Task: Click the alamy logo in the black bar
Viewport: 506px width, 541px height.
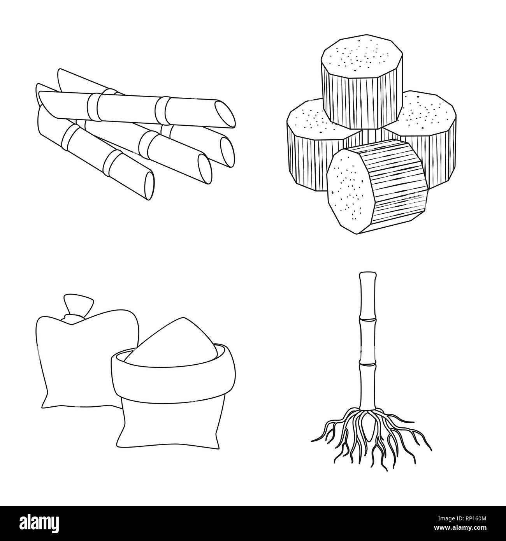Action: tap(40, 523)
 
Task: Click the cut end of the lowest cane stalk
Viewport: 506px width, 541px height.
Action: tap(149, 186)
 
